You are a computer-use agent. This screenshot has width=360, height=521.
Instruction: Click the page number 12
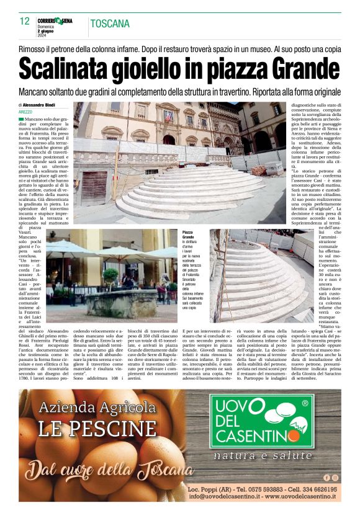[x=25, y=21]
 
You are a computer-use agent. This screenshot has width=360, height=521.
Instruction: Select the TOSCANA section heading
[x=110, y=24]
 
